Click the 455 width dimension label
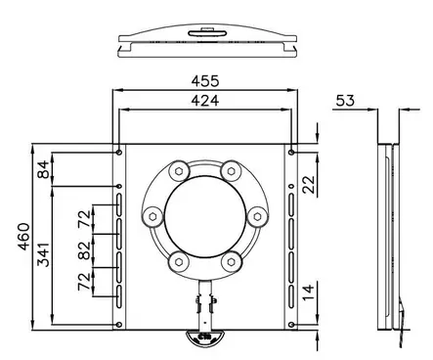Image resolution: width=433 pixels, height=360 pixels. point(205,81)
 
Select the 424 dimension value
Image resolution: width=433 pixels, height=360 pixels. point(205,101)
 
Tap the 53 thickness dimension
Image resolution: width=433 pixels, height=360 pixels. point(345,101)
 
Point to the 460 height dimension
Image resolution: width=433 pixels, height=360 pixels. point(23,237)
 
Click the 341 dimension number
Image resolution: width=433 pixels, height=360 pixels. point(43,254)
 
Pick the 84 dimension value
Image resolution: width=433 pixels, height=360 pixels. point(43,169)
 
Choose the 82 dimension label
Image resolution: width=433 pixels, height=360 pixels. point(84,250)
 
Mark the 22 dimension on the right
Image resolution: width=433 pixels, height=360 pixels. point(309,185)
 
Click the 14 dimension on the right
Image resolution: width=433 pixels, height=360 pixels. point(309,292)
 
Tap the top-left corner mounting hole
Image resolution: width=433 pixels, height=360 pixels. point(119,153)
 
